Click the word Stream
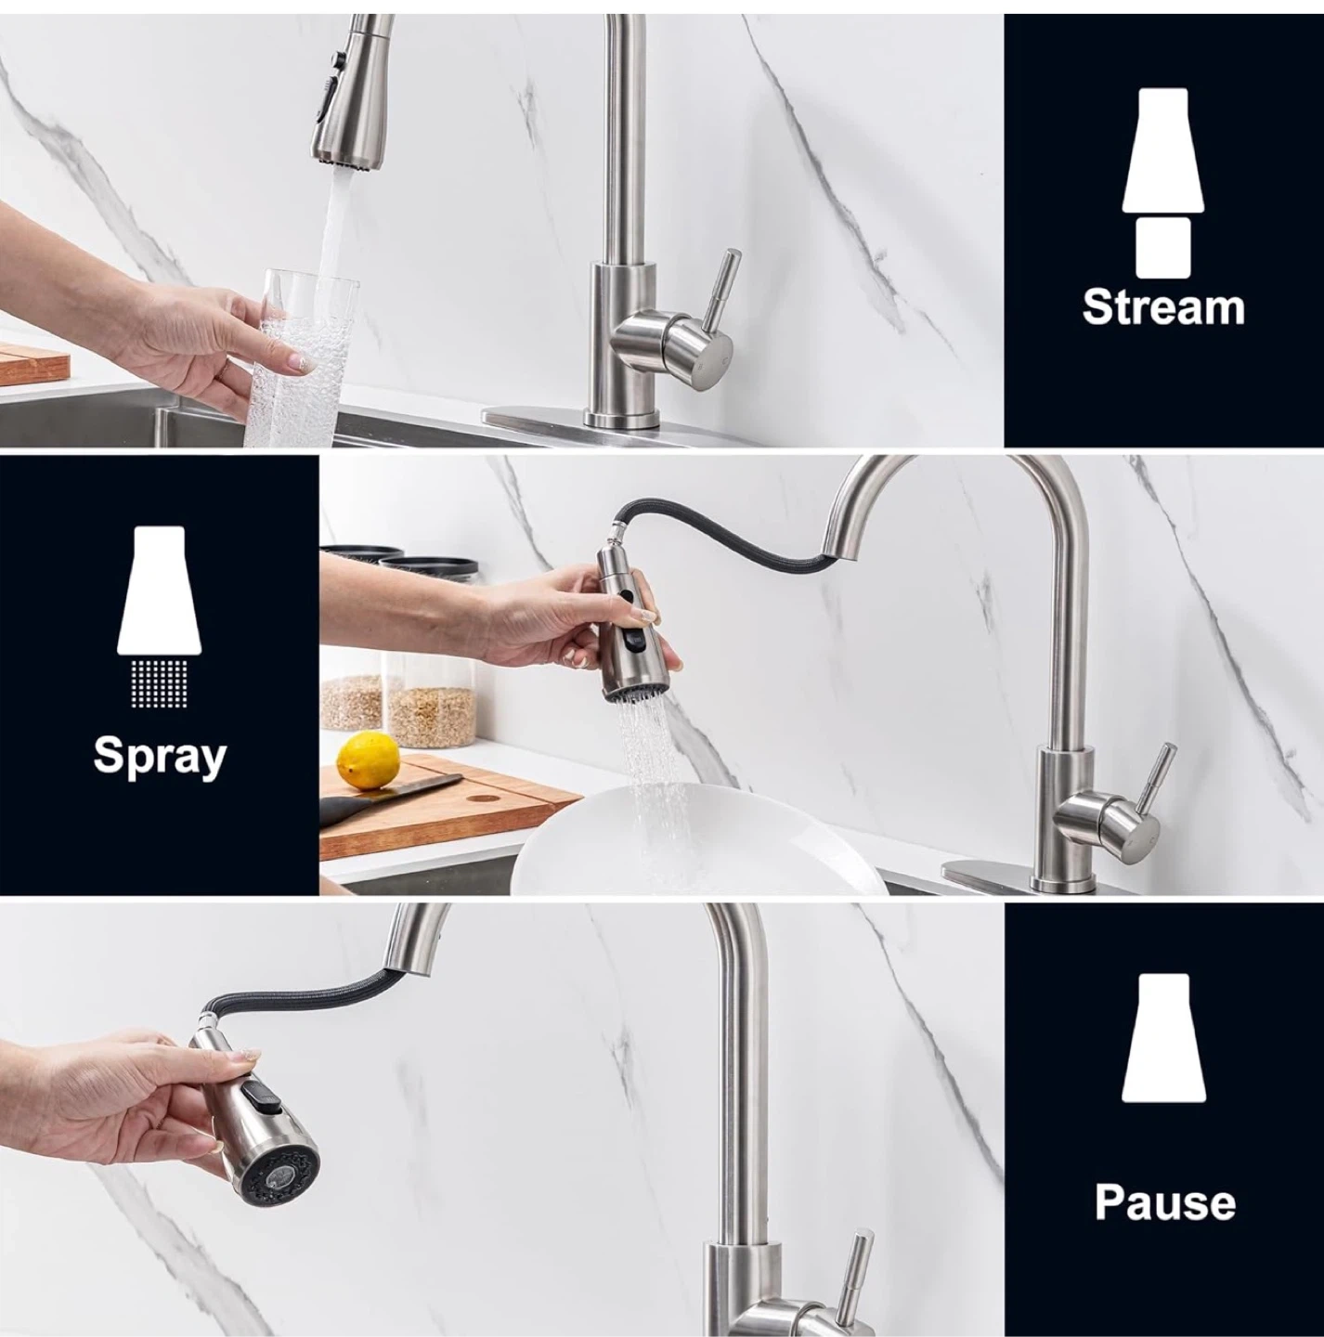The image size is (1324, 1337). pos(1163,306)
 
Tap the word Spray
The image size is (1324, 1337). pos(160,757)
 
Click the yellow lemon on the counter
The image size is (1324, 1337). pos(368,761)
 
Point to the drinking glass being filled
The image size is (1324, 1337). pos(300,357)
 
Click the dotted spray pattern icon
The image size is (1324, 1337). pos(160,682)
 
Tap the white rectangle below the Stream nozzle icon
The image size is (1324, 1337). pos(1163,248)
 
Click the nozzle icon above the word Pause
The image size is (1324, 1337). pos(1163,1037)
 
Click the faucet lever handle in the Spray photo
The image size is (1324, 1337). pos(1153,778)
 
